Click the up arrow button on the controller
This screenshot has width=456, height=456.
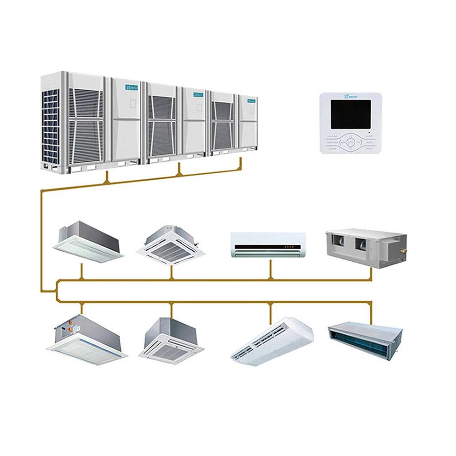350,136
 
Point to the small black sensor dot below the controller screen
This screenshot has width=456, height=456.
368,132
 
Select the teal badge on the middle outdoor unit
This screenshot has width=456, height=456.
198,95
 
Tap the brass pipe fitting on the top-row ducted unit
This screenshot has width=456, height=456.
403,250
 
